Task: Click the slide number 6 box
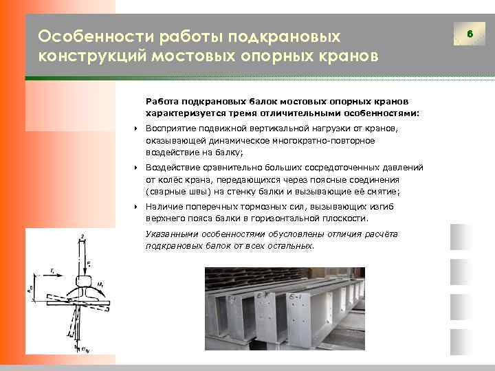click(x=470, y=34)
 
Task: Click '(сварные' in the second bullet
click(x=166, y=192)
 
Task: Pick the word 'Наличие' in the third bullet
click(x=162, y=206)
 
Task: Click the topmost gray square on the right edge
click(x=459, y=237)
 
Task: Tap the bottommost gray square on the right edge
click(x=459, y=341)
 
